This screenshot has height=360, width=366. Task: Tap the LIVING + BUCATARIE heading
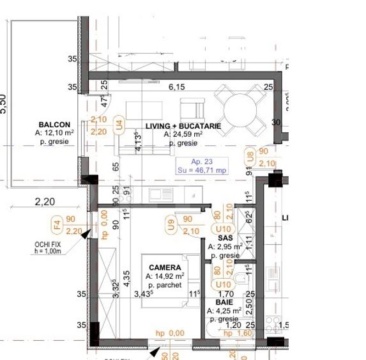(183, 127)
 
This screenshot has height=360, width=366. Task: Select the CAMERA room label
(165, 267)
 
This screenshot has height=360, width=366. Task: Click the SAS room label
(224, 237)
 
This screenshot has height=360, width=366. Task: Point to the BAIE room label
(224, 302)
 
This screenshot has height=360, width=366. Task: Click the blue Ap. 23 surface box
(203, 166)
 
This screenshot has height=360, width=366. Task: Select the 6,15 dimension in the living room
(176, 87)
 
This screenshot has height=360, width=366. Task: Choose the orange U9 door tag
(171, 224)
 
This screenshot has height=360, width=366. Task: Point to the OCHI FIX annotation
(48, 244)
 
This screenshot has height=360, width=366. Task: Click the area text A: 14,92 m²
(165, 276)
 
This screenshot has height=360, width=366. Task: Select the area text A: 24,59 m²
(183, 135)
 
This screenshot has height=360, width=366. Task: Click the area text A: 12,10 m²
(54, 133)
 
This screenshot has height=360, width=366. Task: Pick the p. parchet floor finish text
(165, 285)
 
